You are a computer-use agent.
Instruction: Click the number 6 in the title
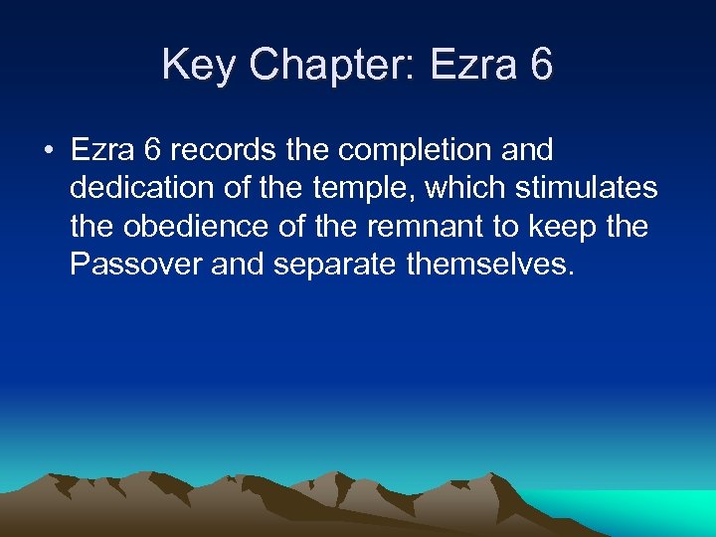(x=542, y=66)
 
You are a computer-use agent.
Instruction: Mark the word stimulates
(x=586, y=189)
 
